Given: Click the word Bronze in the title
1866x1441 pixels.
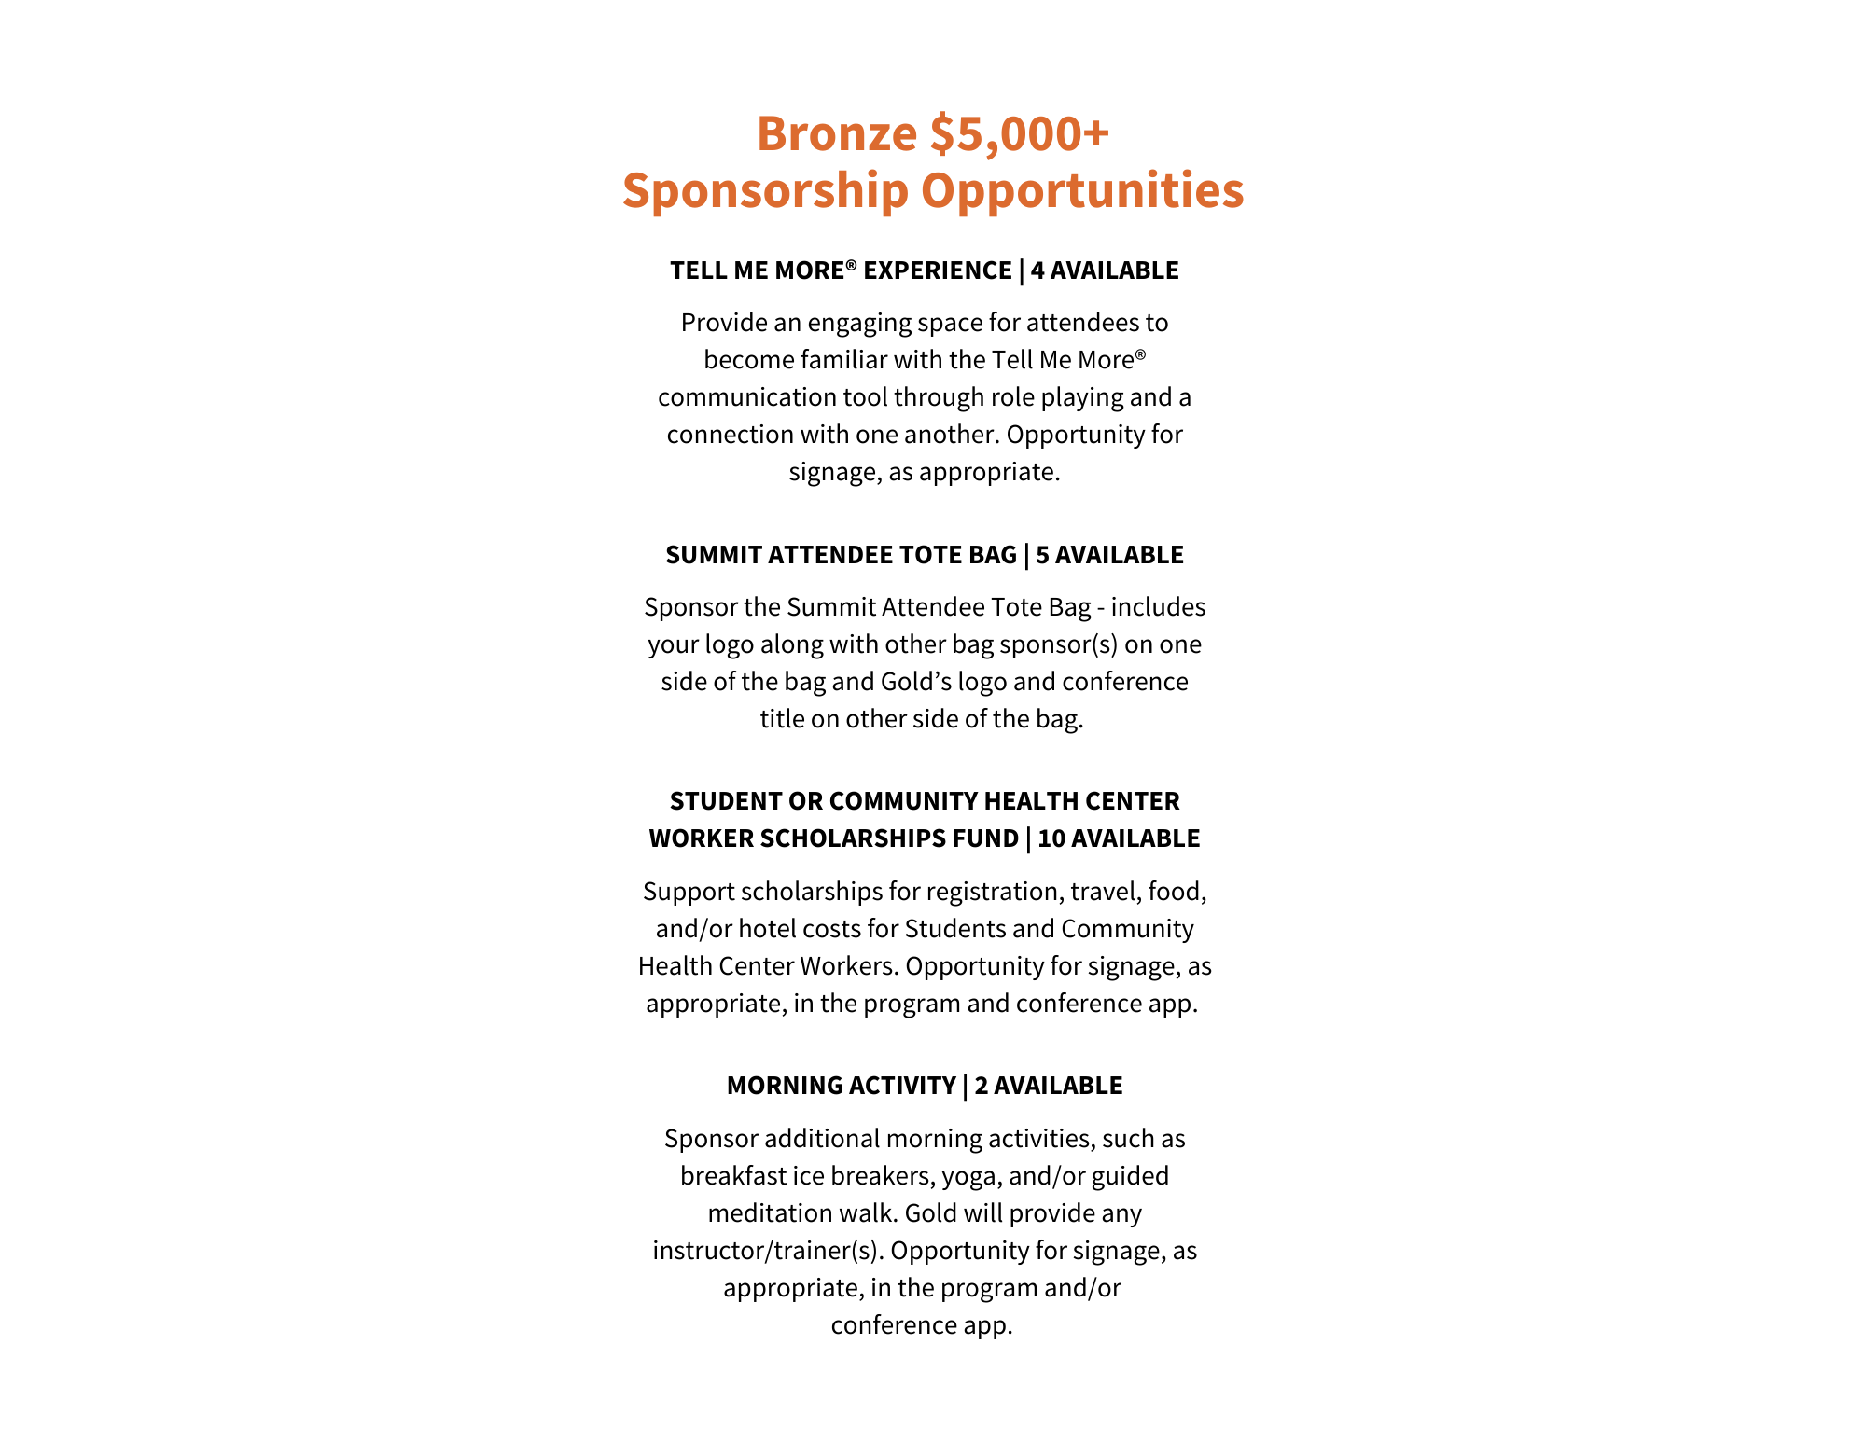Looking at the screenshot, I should click(837, 133).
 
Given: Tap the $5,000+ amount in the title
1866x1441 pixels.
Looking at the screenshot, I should click(1020, 133).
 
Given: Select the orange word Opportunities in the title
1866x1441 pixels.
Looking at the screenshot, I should click(1082, 190).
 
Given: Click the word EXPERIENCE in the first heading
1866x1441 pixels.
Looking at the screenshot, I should click(937, 270).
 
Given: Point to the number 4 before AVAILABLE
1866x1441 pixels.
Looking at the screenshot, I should click(1037, 270).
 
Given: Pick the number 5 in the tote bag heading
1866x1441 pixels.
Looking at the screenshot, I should click(1042, 555).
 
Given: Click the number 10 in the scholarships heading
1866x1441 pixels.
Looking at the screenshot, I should click(1051, 838).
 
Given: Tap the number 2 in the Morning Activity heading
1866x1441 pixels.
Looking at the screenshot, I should click(982, 1086).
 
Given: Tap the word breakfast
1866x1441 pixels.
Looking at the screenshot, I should click(733, 1176).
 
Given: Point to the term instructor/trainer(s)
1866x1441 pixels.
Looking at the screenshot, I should click(768, 1251).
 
